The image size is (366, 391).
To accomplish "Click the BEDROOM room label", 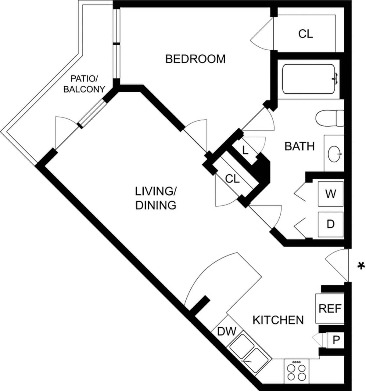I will [195, 59].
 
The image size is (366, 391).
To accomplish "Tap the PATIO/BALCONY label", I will [84, 84].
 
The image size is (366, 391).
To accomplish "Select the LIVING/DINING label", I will [156, 198].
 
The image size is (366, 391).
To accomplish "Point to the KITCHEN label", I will [278, 320].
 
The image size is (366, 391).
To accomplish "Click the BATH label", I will [299, 146].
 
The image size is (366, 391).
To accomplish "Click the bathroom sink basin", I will [335, 154].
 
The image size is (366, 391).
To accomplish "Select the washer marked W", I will [331, 194].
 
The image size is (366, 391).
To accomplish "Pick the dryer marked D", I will [331, 224].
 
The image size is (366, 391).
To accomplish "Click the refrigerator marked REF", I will [330, 309].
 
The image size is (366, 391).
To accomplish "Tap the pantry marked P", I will [336, 340].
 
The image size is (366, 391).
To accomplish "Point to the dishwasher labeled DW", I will [227, 331].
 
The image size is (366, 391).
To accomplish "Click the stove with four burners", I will [296, 371].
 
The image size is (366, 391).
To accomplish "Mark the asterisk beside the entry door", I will [361, 266].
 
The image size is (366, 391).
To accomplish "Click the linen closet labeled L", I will [245, 150].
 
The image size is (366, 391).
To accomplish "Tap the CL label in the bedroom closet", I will [306, 34].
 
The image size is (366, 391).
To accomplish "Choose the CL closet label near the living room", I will [232, 179].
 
